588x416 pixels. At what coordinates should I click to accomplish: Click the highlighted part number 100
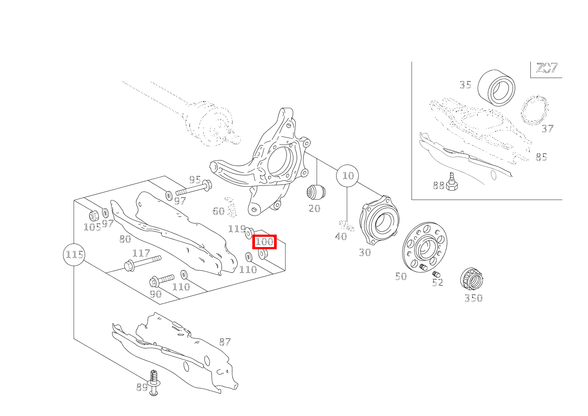click(x=265, y=242)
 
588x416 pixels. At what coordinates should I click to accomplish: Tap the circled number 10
click(x=348, y=176)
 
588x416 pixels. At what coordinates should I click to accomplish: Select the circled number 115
click(x=74, y=255)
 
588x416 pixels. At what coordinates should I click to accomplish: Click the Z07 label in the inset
click(x=546, y=69)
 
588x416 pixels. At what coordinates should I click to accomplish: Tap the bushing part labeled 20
click(x=316, y=192)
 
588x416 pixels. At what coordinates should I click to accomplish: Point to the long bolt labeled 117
click(x=143, y=263)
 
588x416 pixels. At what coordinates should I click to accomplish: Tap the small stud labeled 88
click(x=452, y=182)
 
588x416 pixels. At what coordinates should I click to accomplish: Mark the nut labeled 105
click(x=94, y=216)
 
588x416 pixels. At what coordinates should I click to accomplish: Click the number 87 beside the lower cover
click(x=225, y=342)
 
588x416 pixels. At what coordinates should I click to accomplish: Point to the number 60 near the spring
click(x=218, y=211)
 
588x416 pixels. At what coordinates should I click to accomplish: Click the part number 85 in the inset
click(x=541, y=157)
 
